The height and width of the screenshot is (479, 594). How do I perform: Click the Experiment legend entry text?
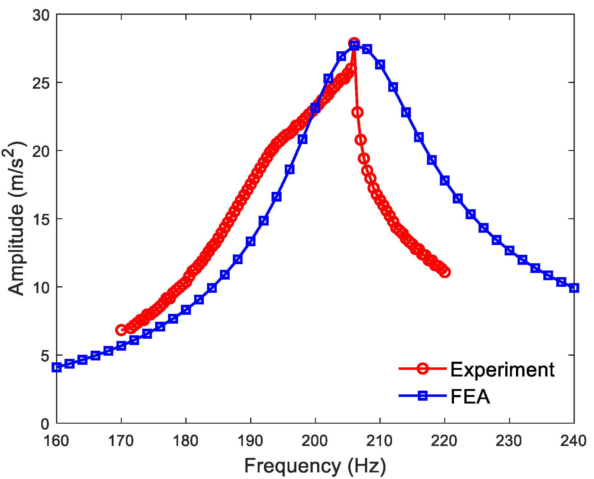coord(502,369)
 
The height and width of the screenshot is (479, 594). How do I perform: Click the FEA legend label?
coord(470,397)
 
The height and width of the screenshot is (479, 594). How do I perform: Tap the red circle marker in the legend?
coord(423,368)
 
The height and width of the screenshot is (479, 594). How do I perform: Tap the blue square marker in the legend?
coord(423,396)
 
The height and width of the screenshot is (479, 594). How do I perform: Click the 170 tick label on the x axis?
coord(121,441)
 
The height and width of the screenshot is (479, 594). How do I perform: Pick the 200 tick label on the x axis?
coord(315,441)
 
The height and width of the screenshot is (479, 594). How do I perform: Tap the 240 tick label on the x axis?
coord(573,441)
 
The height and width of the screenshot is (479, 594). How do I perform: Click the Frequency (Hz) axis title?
coord(315,466)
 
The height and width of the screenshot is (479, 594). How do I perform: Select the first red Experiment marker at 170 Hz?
coord(121,330)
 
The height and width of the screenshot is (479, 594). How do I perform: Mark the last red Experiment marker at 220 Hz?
coord(445,272)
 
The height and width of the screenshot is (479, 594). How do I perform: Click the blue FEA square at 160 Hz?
coord(57,367)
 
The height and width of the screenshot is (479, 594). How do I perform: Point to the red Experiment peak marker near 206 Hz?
coord(354,43)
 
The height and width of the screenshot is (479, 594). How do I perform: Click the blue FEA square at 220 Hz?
coord(445,181)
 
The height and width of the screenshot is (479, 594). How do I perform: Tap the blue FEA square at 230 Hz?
coord(509,251)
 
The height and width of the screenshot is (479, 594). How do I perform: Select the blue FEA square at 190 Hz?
coord(251,242)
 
